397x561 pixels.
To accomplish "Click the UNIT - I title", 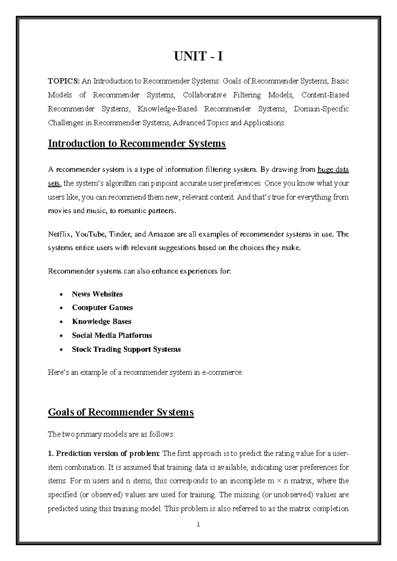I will [x=198, y=57].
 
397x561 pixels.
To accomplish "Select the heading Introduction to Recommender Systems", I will [x=137, y=144].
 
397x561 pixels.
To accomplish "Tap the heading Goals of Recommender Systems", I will [x=121, y=412].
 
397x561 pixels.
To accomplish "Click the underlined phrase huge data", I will [x=333, y=170].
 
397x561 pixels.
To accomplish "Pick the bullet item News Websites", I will [x=97, y=294].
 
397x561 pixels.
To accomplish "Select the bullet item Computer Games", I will [x=102, y=308].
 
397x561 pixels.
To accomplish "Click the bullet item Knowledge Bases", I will [x=102, y=322].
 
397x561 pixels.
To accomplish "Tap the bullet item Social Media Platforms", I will [x=112, y=335].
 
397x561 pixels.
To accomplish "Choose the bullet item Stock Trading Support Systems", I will [x=126, y=349].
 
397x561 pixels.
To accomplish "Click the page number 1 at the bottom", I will [x=198, y=524].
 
